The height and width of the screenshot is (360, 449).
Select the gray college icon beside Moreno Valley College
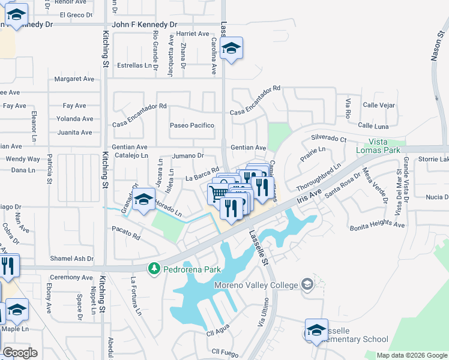307,283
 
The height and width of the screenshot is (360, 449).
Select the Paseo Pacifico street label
192,125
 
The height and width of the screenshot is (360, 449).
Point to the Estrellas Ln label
134,65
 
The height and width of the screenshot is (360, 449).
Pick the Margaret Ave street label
74,79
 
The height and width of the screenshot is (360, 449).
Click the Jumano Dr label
188,155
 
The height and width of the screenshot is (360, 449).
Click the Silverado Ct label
328,139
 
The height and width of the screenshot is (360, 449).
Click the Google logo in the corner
20,353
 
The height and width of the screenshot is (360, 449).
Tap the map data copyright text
412,355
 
